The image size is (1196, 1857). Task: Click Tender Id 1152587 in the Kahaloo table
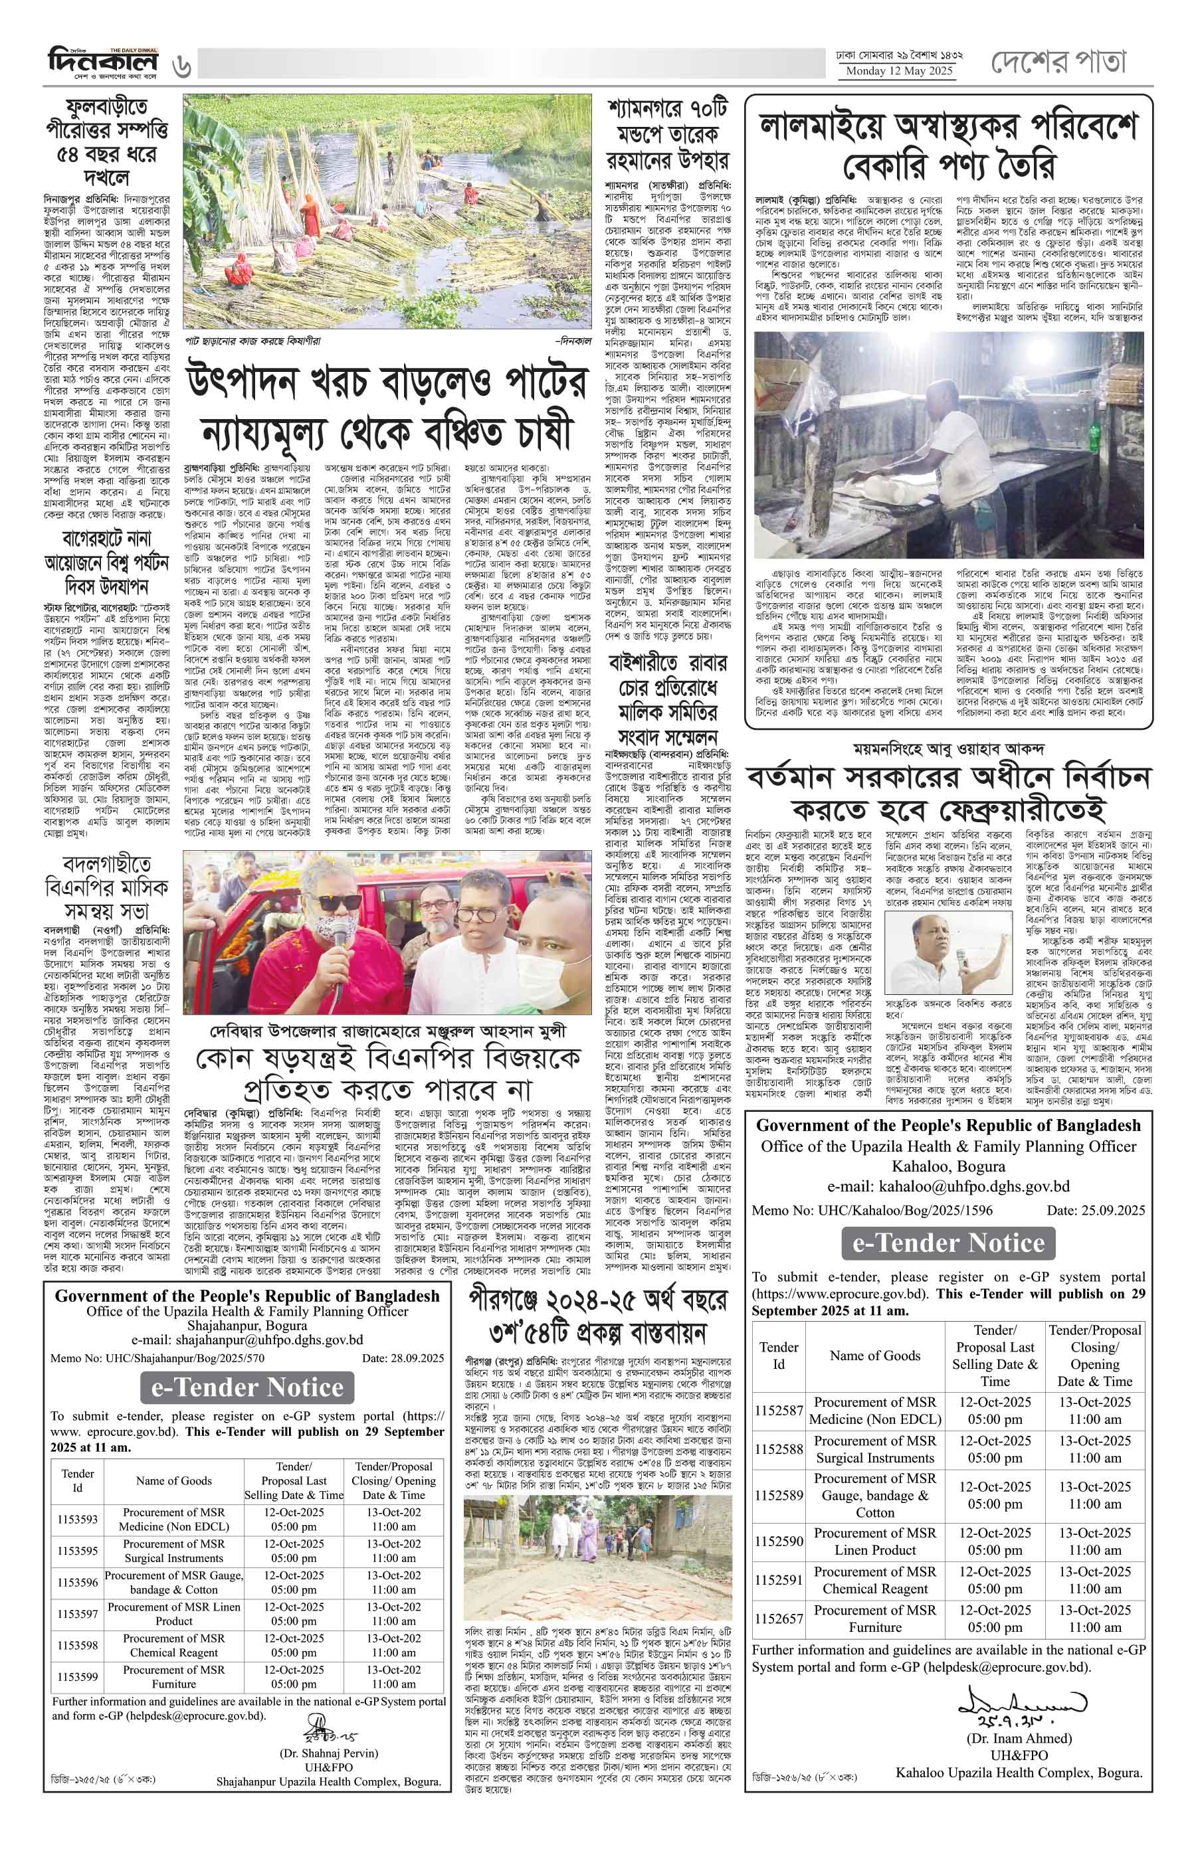coord(779,1410)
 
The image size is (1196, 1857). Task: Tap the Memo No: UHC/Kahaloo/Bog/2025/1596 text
coord(871,1210)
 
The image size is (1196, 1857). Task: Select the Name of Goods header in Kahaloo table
coord(874,1356)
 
